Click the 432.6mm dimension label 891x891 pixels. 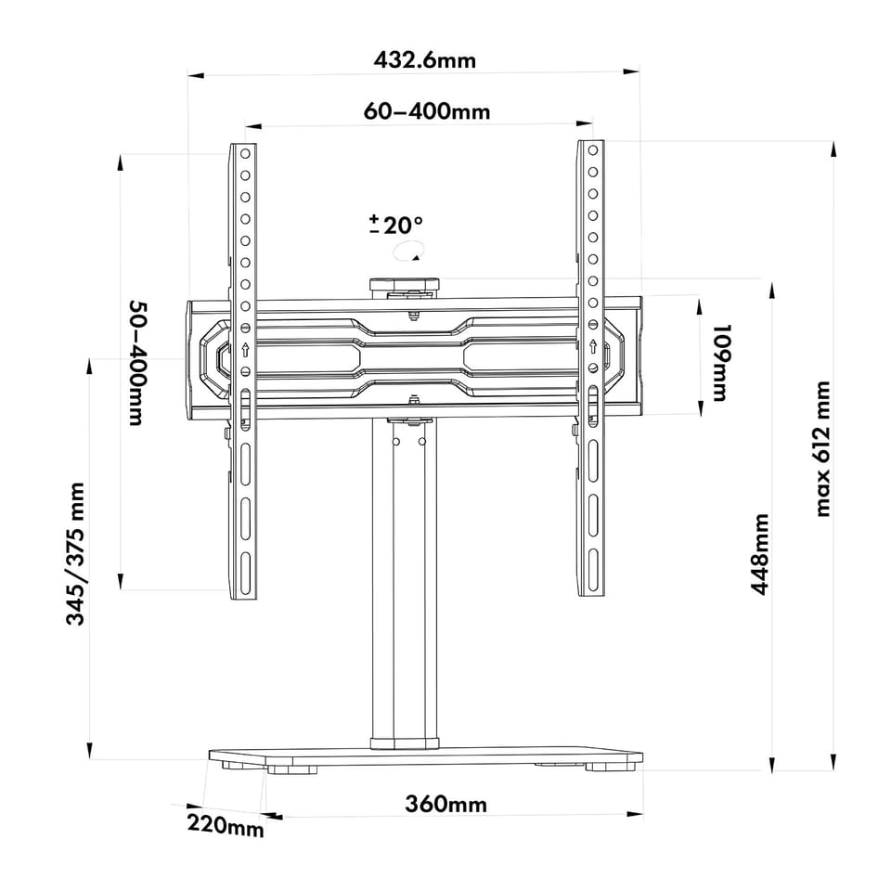point(424,59)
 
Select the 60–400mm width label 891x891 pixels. point(427,110)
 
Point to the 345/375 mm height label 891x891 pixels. point(75,553)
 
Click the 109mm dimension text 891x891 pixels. point(720,363)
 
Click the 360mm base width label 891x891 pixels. point(446,804)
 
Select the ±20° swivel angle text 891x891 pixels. point(396,225)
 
